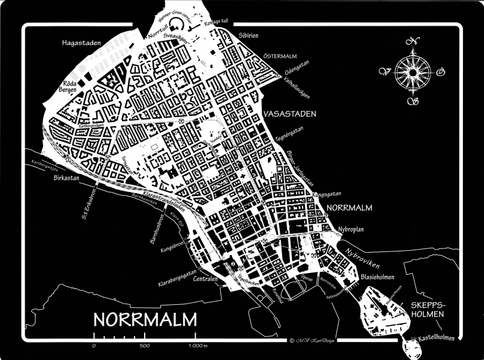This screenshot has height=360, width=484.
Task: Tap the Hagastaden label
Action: click(x=82, y=43)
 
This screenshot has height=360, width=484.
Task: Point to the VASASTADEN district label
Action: click(x=289, y=113)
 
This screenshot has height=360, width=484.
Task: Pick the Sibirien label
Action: click(x=248, y=35)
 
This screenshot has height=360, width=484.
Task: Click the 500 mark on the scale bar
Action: click(x=144, y=346)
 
